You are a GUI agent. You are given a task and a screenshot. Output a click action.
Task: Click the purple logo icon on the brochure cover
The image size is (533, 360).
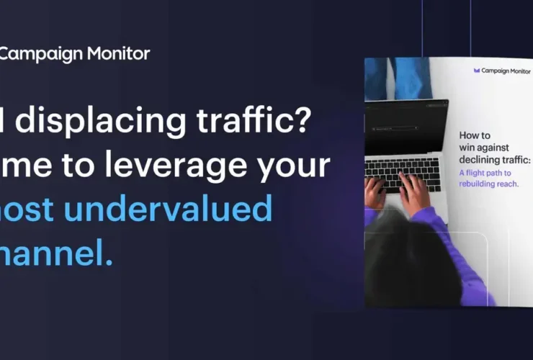(477, 71)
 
